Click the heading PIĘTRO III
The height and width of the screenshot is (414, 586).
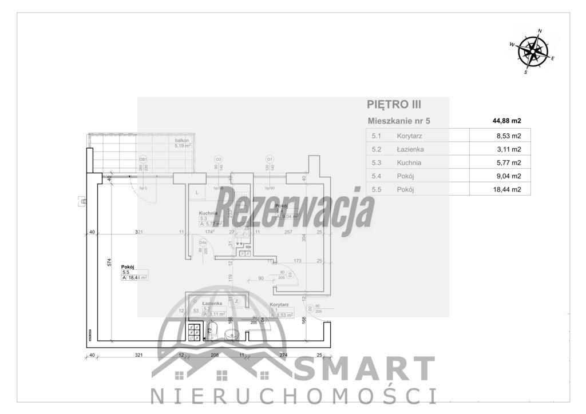[394, 104]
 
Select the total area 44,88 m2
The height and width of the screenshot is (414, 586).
[507, 121]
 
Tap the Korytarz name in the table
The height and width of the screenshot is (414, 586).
[410, 136]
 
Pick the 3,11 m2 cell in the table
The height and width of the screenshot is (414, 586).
[508, 150]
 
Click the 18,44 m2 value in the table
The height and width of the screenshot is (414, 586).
[507, 190]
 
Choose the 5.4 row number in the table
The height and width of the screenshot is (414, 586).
[377, 176]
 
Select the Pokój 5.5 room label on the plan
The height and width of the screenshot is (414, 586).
[128, 266]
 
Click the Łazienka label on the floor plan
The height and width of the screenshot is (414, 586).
[212, 304]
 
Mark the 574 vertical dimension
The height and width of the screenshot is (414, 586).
[108, 262]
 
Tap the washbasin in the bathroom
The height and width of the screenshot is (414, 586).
[232, 334]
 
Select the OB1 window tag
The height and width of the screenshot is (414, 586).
[143, 160]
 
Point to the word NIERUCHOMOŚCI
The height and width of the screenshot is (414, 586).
[293, 396]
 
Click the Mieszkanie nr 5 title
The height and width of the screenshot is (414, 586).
[398, 121]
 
